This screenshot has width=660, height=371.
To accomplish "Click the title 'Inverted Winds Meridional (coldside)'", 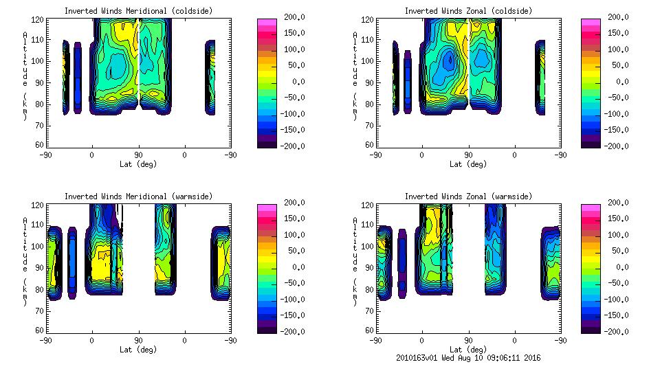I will click(138, 11).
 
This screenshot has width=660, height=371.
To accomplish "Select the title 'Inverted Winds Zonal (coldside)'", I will click(467, 11).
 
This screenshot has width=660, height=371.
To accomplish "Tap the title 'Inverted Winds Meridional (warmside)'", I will click(138, 196).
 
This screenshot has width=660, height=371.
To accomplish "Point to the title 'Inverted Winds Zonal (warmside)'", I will click(467, 196).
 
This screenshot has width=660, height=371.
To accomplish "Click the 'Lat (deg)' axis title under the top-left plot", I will click(138, 164).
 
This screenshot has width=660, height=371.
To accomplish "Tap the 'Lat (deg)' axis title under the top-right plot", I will click(467, 164).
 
